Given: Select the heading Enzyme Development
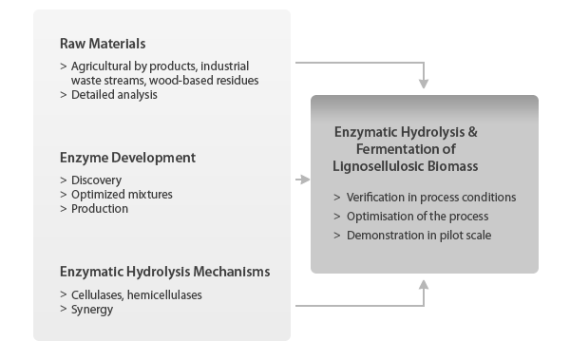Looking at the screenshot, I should (127, 157).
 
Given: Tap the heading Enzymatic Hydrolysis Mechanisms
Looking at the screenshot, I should (164, 272).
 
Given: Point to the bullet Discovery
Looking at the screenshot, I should (96, 180).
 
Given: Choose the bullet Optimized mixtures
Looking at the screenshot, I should (122, 195).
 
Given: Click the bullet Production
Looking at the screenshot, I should (100, 209).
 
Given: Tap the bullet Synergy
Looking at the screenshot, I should (94, 310).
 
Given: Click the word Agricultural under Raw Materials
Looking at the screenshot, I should (103, 66).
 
